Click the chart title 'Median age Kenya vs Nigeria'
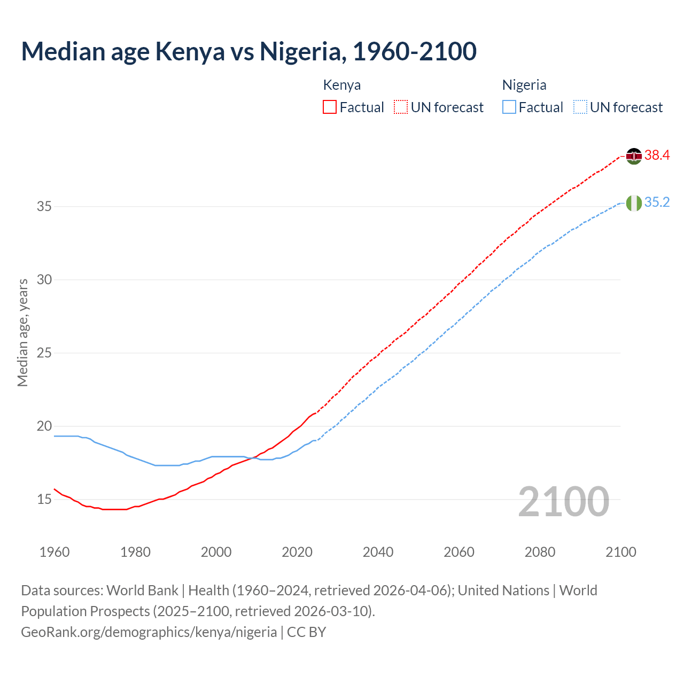pyautogui.click(x=248, y=52)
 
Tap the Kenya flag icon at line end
pyautogui.click(x=634, y=156)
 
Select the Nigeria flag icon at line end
pyautogui.click(x=634, y=203)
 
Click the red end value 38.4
pyautogui.click(x=657, y=156)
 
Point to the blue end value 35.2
pyautogui.click(x=657, y=203)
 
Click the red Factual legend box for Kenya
pyautogui.click(x=330, y=107)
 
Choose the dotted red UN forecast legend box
pyautogui.click(x=401, y=107)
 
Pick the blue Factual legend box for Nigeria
pyautogui.click(x=509, y=107)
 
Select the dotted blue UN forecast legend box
pyautogui.click(x=580, y=107)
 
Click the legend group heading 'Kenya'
pyautogui.click(x=342, y=85)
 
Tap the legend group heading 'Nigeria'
pyautogui.click(x=524, y=85)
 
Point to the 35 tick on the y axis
pyautogui.click(x=44, y=206)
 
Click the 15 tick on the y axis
pyautogui.click(x=44, y=500)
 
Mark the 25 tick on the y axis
pyautogui.click(x=44, y=353)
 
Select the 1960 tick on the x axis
pyautogui.click(x=55, y=552)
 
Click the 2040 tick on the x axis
pyautogui.click(x=378, y=552)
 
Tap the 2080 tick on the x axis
pyautogui.click(x=540, y=552)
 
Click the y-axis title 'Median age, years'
pyautogui.click(x=22, y=332)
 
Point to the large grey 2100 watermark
pyautogui.click(x=564, y=502)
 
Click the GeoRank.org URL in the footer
pyautogui.click(x=149, y=632)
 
